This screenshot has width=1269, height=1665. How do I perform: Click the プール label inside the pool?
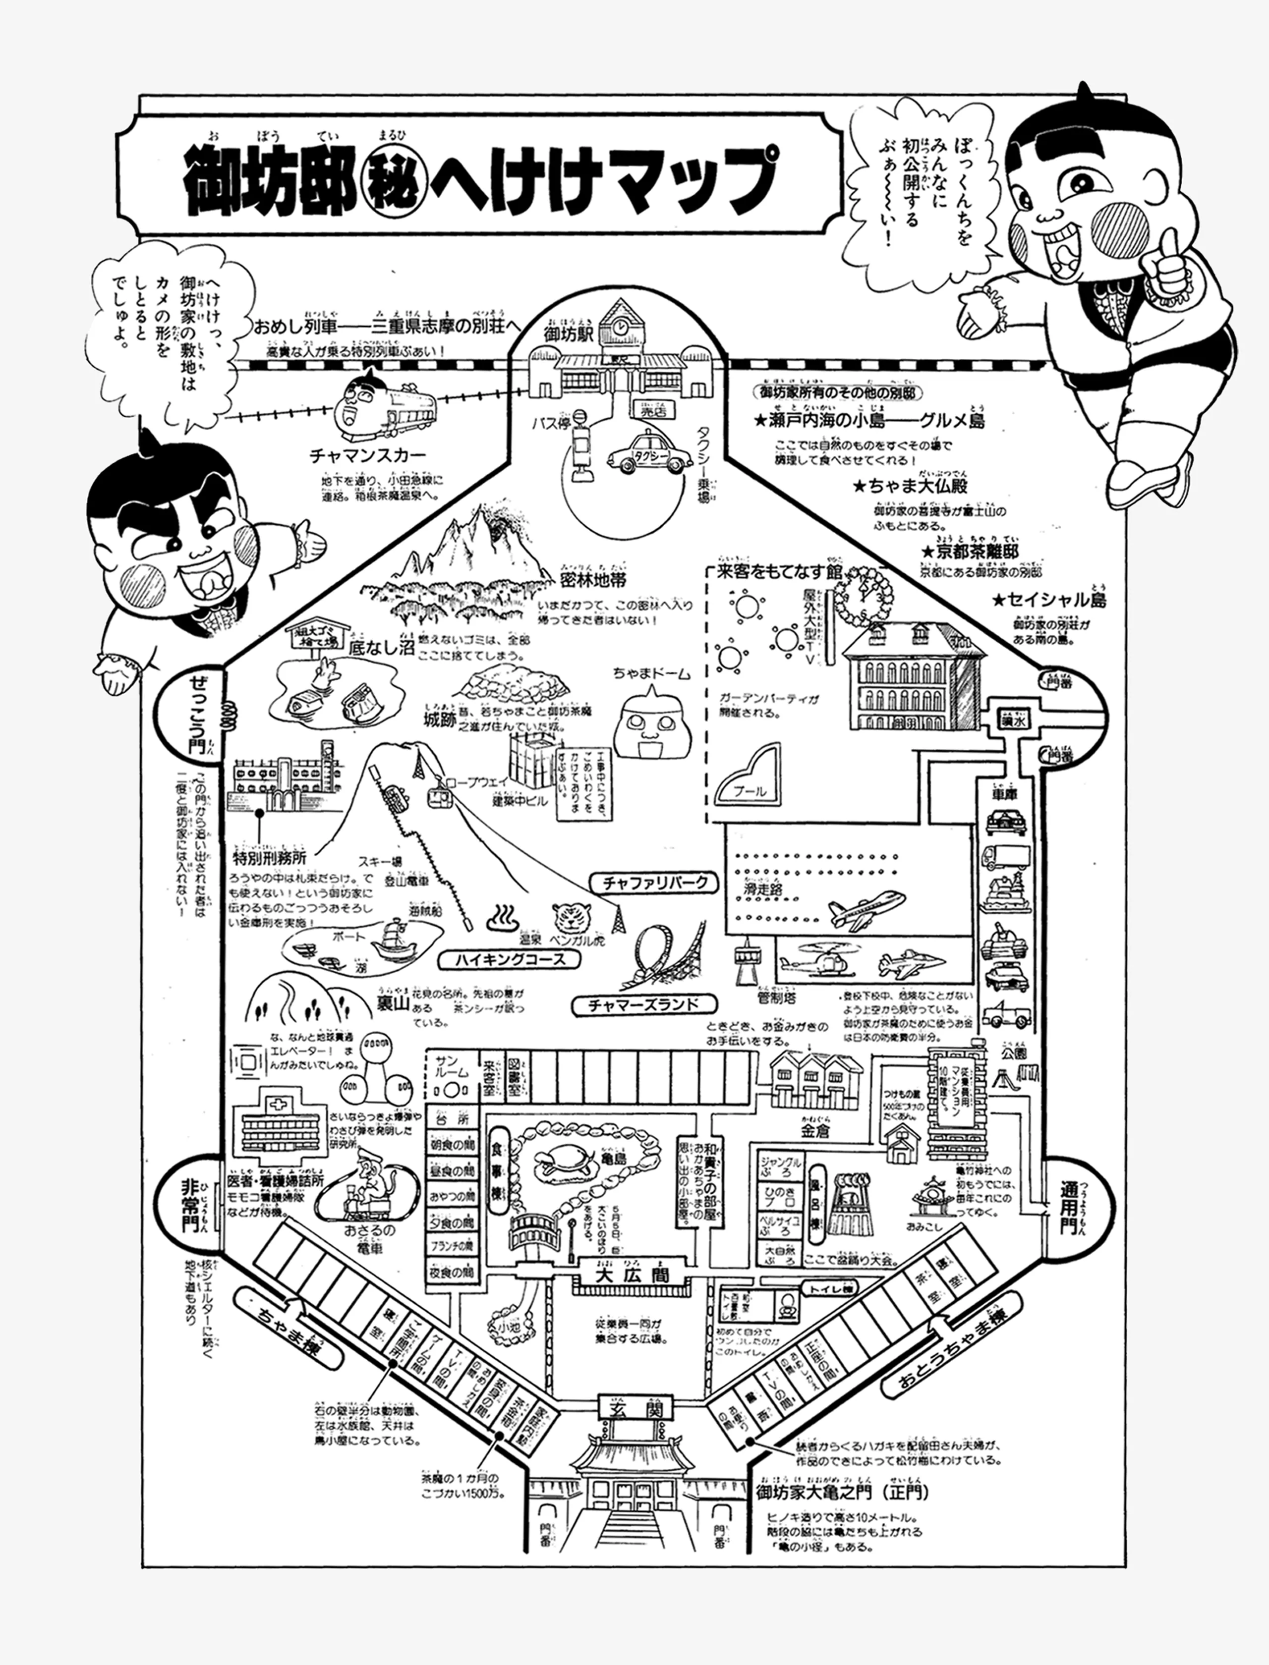click(750, 791)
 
